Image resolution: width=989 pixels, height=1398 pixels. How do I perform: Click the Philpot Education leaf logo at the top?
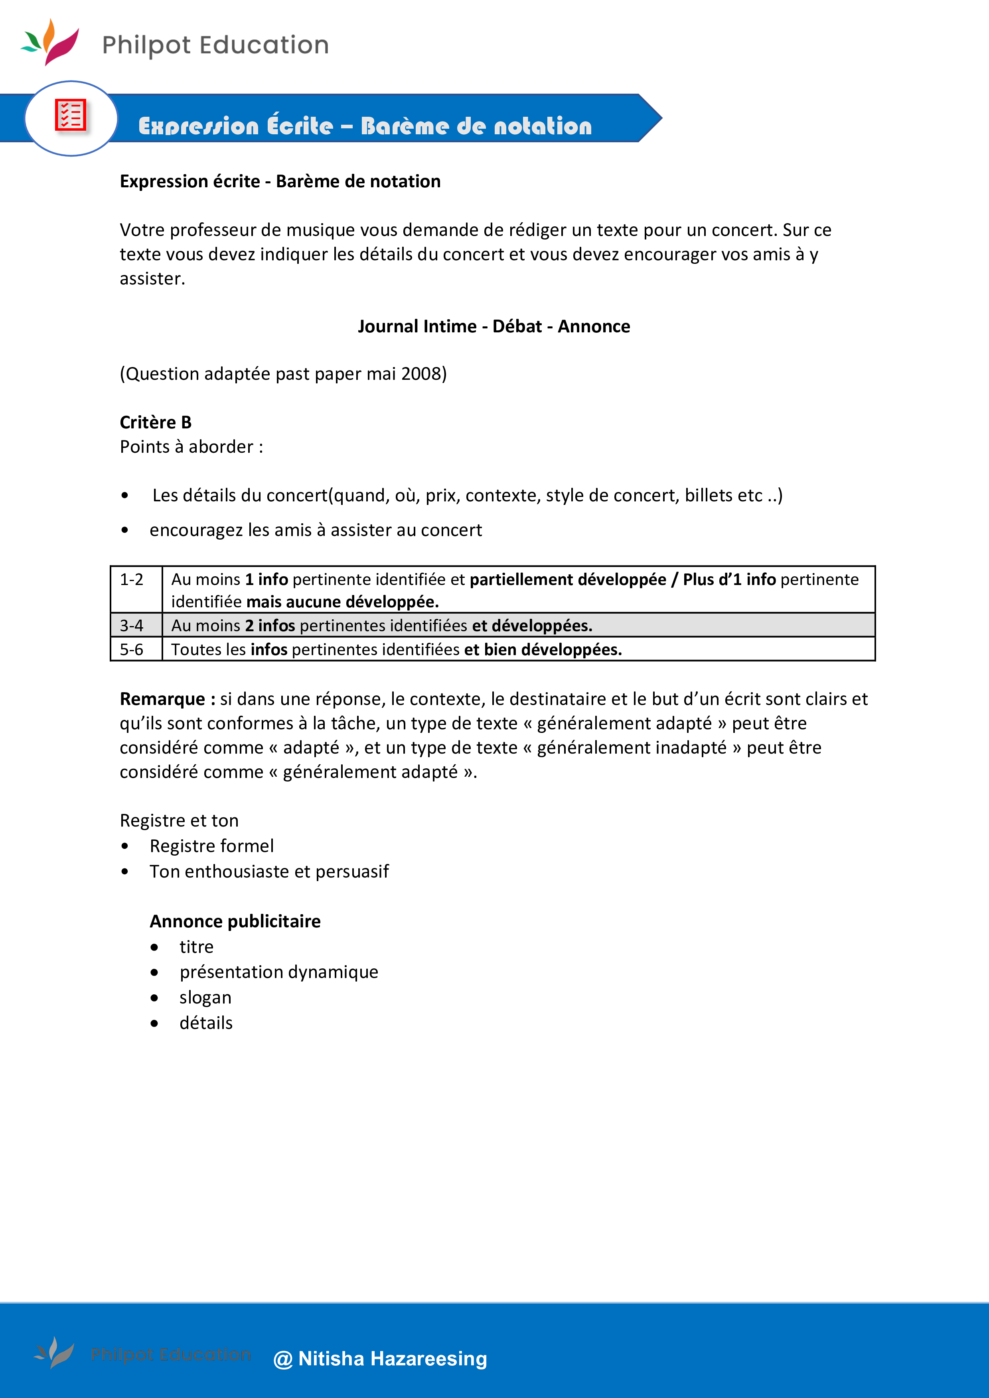pyautogui.click(x=50, y=41)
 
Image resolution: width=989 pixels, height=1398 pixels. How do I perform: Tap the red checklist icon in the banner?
pyautogui.click(x=71, y=115)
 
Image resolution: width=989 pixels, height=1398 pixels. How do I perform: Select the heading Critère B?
pyautogui.click(x=155, y=422)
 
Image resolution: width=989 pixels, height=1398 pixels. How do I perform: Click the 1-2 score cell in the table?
pyautogui.click(x=132, y=580)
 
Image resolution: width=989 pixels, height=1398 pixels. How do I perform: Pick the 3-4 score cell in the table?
pyautogui.click(x=132, y=625)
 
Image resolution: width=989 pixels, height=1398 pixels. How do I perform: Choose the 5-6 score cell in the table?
pyautogui.click(x=132, y=649)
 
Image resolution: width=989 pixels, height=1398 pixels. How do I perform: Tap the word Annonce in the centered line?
pyautogui.click(x=594, y=326)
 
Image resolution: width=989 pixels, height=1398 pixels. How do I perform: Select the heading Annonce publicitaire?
pyautogui.click(x=235, y=921)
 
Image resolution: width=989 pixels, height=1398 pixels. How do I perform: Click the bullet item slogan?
pyautogui.click(x=205, y=997)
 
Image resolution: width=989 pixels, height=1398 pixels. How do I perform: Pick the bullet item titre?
pyautogui.click(x=196, y=947)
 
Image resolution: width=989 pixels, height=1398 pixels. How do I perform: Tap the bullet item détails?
pyautogui.click(x=206, y=1023)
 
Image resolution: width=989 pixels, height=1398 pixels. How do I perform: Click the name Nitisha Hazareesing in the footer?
pyautogui.click(x=393, y=1359)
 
